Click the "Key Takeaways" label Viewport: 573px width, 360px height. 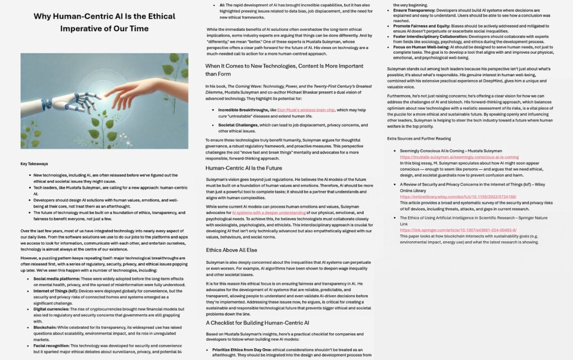[x=34, y=164]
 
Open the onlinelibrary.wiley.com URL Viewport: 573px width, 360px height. [x=458, y=197]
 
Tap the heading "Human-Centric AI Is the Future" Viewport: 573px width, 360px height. [x=243, y=168]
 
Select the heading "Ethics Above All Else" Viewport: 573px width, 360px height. [x=232, y=250]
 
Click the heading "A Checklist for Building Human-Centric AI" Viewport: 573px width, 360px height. [x=257, y=322]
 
